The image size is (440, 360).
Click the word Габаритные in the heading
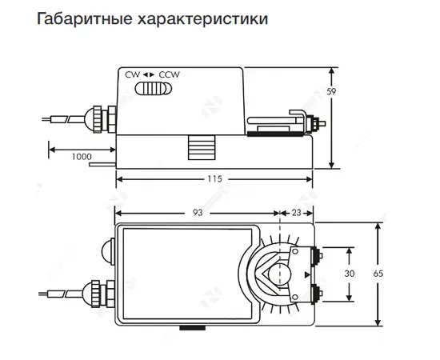(x=84, y=19)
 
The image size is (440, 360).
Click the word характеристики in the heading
(x=202, y=19)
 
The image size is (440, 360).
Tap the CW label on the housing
(x=133, y=74)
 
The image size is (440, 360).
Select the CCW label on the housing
(x=170, y=74)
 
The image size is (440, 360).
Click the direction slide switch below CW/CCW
(x=154, y=88)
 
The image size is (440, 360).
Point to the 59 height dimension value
(x=331, y=92)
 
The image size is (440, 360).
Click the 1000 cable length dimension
(x=82, y=157)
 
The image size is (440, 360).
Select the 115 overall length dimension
(x=214, y=179)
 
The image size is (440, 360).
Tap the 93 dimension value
(x=198, y=213)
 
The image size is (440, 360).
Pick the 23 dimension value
(x=296, y=213)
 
